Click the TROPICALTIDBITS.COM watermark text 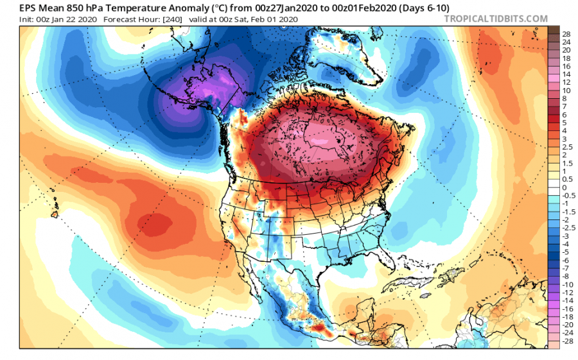click(x=496, y=19)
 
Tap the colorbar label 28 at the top click(x=566, y=33)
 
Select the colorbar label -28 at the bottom click(x=568, y=342)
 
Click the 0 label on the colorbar click(x=565, y=188)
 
